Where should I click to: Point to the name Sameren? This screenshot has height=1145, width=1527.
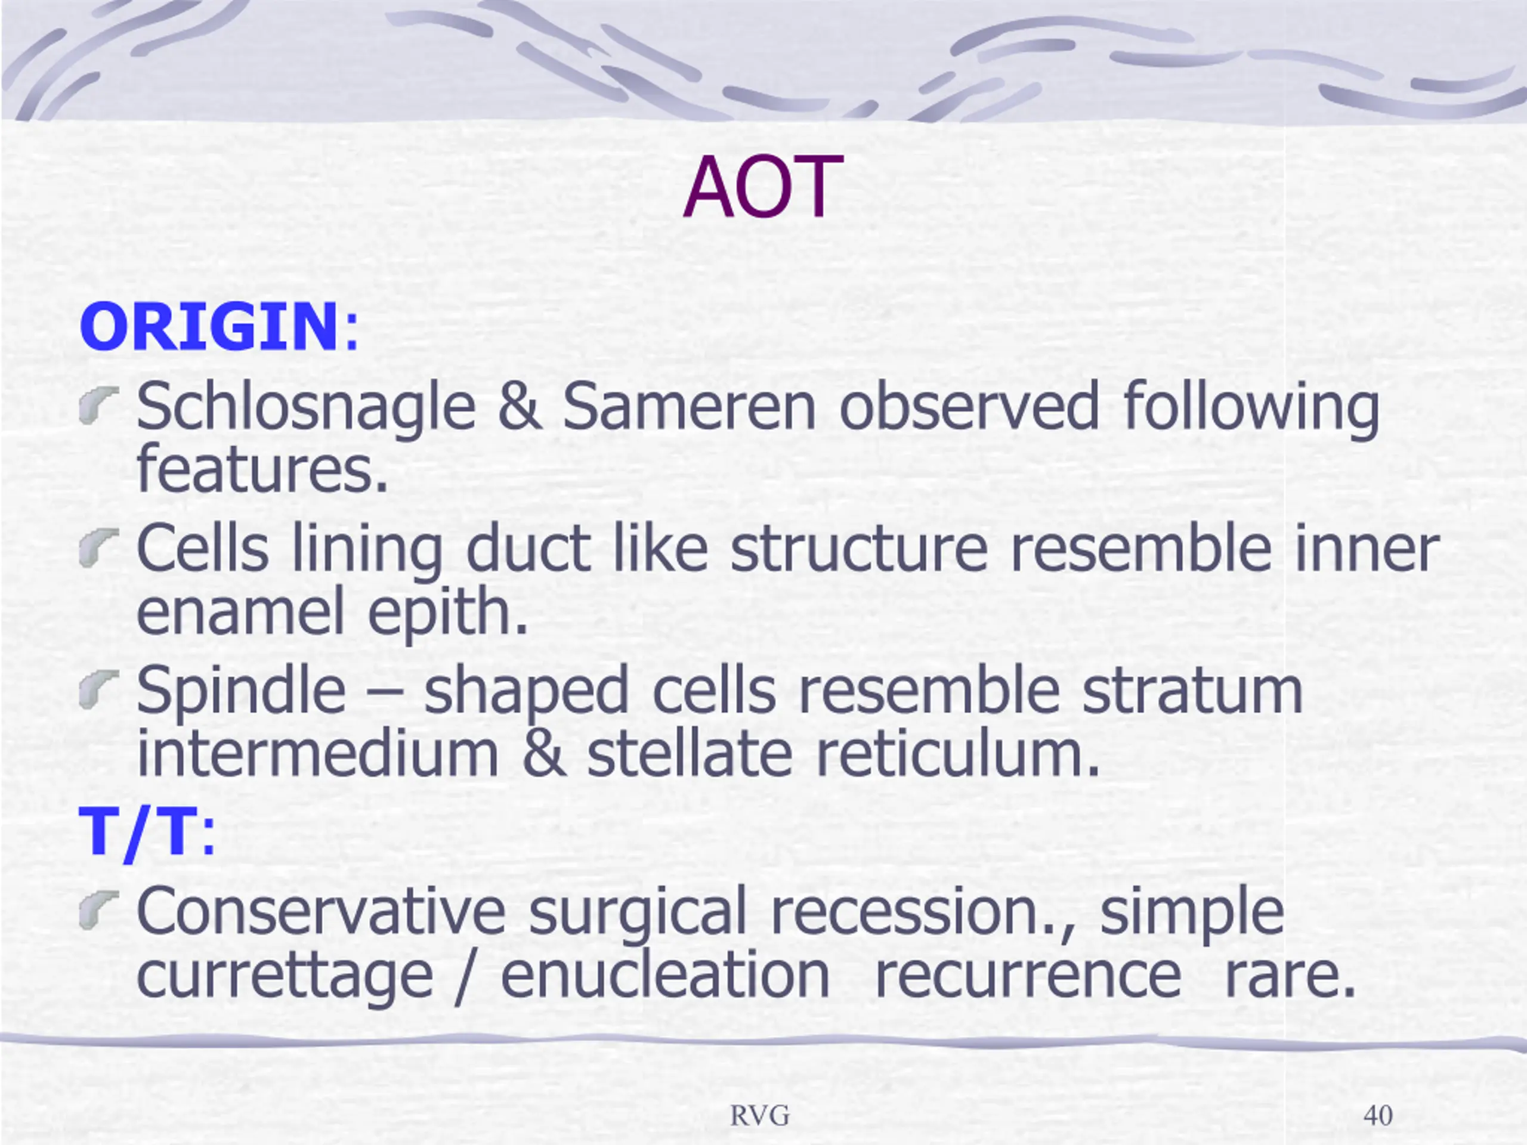click(690, 407)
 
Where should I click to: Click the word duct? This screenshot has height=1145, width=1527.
click(527, 549)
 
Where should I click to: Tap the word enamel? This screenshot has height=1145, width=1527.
click(240, 611)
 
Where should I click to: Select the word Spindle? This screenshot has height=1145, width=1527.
click(241, 689)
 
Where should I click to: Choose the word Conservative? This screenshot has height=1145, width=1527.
click(321, 911)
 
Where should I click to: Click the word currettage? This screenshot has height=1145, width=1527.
click(285, 977)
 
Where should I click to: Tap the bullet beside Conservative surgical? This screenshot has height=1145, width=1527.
click(98, 909)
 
